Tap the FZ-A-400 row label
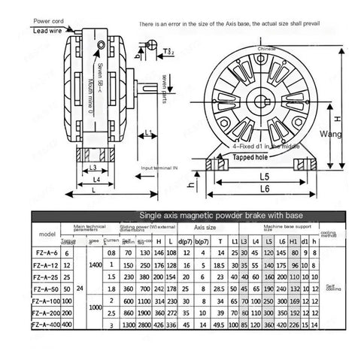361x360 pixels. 47,324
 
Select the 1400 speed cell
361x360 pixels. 95,265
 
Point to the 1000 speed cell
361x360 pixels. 95,307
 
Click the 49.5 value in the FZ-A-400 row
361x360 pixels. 220,325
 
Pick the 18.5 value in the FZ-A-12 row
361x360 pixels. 220,265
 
